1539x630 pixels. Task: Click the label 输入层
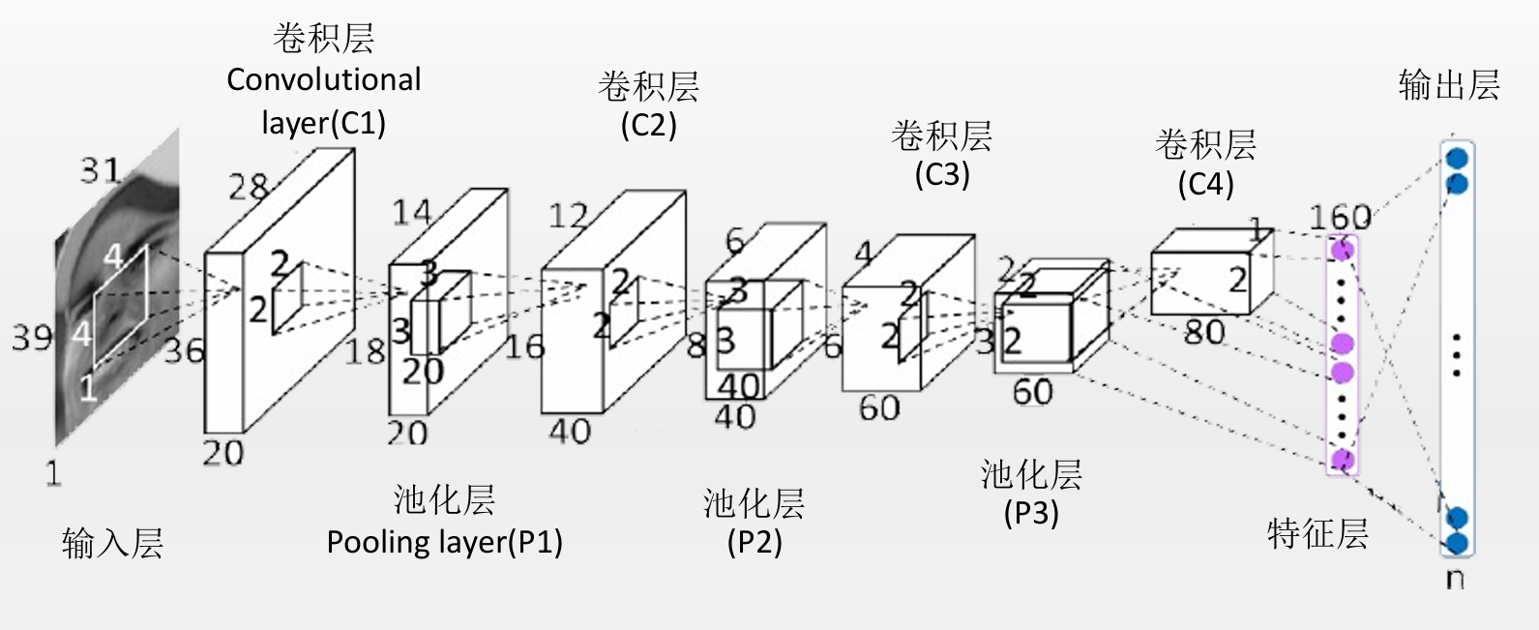tap(112, 543)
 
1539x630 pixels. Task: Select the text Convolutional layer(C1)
tap(324, 101)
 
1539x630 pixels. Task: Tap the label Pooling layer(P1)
tap(444, 541)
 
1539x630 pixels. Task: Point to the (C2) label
tap(648, 125)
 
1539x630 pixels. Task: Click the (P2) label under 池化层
tap(755, 541)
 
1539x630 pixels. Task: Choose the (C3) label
tap(941, 174)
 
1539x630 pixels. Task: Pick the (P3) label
tap(1031, 512)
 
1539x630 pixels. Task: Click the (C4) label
tap(1205, 183)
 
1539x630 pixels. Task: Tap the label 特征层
tap(1317, 533)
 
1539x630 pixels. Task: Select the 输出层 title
tap(1449, 85)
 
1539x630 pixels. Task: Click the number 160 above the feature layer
tap(1340, 217)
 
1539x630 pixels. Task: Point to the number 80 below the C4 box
tap(1204, 332)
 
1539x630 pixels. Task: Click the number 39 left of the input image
tap(32, 337)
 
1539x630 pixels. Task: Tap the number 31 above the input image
tap(101, 171)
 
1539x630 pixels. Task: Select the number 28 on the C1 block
tap(248, 186)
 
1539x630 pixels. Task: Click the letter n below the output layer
tap(1455, 579)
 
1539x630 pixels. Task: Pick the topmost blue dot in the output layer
tap(1456, 158)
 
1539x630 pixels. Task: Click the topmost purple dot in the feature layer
tap(1342, 250)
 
